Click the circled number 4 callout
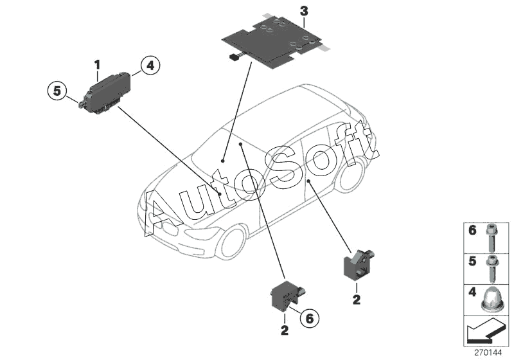coord(149,65)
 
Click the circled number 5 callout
coord(57,92)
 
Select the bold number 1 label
coord(97,64)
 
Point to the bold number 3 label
coord(304,10)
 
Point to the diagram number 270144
coord(492,352)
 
